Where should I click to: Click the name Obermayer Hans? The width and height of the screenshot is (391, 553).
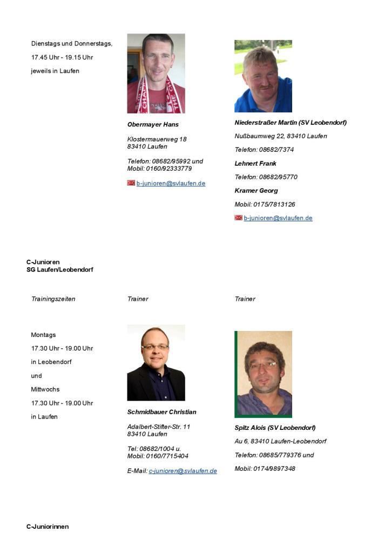[x=153, y=124]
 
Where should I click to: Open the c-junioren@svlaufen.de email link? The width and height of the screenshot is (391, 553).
[x=183, y=471]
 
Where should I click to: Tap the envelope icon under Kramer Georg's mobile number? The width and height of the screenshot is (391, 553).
[x=238, y=218]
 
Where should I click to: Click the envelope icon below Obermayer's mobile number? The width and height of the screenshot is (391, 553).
[x=131, y=183]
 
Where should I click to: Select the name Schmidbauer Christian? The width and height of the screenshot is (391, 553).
[x=161, y=412]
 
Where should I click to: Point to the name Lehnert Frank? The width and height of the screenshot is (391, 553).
[x=255, y=163]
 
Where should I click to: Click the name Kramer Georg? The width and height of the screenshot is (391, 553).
[x=256, y=191]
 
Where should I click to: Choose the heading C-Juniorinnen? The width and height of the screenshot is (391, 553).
[x=48, y=527]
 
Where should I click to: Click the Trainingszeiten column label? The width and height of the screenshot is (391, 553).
[x=53, y=299]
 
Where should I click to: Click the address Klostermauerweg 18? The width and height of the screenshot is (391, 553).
[x=157, y=139]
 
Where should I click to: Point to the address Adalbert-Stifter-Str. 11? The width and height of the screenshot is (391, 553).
[x=159, y=427]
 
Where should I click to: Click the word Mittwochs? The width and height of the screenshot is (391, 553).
[x=45, y=389]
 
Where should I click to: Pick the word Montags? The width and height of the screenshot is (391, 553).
[x=43, y=335]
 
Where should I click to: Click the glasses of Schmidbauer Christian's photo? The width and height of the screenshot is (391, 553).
[x=154, y=347]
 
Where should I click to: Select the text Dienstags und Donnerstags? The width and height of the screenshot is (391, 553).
[x=71, y=44]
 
